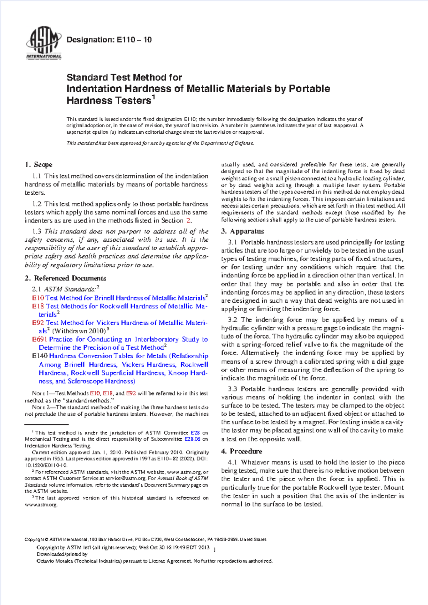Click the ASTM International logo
click(44, 44)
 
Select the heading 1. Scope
click(39, 165)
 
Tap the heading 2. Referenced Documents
click(65, 278)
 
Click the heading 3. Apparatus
click(243, 231)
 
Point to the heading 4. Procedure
click(241, 451)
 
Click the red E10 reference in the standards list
click(38, 298)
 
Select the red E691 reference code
click(39, 339)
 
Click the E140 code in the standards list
click(39, 356)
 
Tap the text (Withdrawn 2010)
click(79, 331)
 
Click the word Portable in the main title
click(309, 88)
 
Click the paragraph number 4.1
click(233, 462)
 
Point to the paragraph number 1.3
click(37, 231)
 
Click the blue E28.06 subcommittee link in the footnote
click(194, 439)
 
